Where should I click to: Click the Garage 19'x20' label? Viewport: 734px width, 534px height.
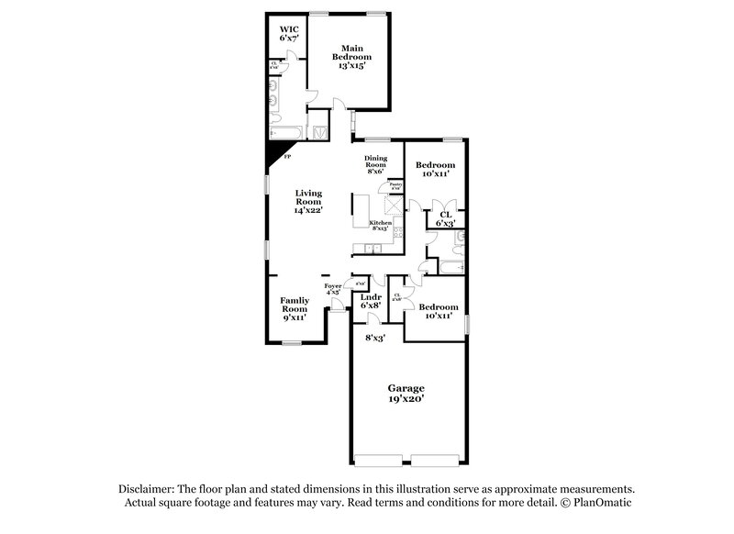[405, 394]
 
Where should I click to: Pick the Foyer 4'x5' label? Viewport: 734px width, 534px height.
[333, 291]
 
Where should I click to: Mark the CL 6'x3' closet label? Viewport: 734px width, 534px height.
[445, 218]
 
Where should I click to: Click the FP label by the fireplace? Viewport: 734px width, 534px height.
[287, 157]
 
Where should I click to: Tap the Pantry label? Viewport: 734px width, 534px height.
[395, 185]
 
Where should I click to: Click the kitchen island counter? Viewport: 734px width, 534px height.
[359, 212]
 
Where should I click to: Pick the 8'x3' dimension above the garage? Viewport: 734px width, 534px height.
[375, 338]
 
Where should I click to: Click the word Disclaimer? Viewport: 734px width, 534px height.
[147, 490]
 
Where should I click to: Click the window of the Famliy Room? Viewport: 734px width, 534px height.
[292, 343]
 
